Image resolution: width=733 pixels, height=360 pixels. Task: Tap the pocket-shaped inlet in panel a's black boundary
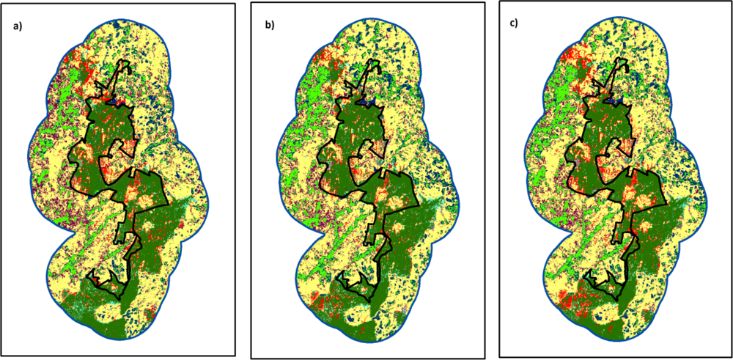point(117,150)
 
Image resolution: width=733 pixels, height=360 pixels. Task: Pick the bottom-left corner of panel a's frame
point(1,355)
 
